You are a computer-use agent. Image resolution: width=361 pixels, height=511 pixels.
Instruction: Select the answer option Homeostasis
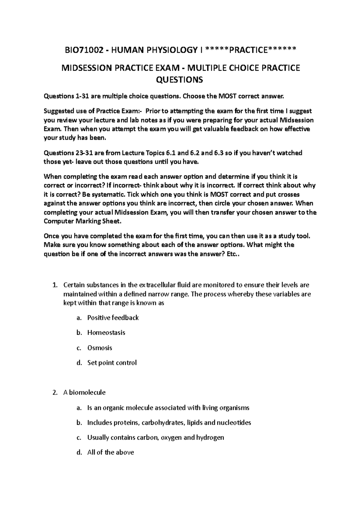click(x=106, y=333)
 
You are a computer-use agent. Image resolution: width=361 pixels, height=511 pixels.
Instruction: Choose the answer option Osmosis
click(x=100, y=348)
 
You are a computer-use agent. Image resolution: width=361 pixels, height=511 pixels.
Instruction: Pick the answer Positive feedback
click(x=113, y=317)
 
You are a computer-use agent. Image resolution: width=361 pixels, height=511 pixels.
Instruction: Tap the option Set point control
click(x=112, y=363)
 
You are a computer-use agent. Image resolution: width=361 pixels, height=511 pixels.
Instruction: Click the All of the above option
click(x=110, y=452)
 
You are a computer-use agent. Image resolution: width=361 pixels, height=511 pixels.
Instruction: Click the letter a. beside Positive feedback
click(x=79, y=317)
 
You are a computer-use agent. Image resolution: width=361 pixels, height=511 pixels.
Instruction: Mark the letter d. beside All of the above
click(x=79, y=452)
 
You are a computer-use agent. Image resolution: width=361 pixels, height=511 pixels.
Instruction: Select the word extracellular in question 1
click(x=157, y=285)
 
